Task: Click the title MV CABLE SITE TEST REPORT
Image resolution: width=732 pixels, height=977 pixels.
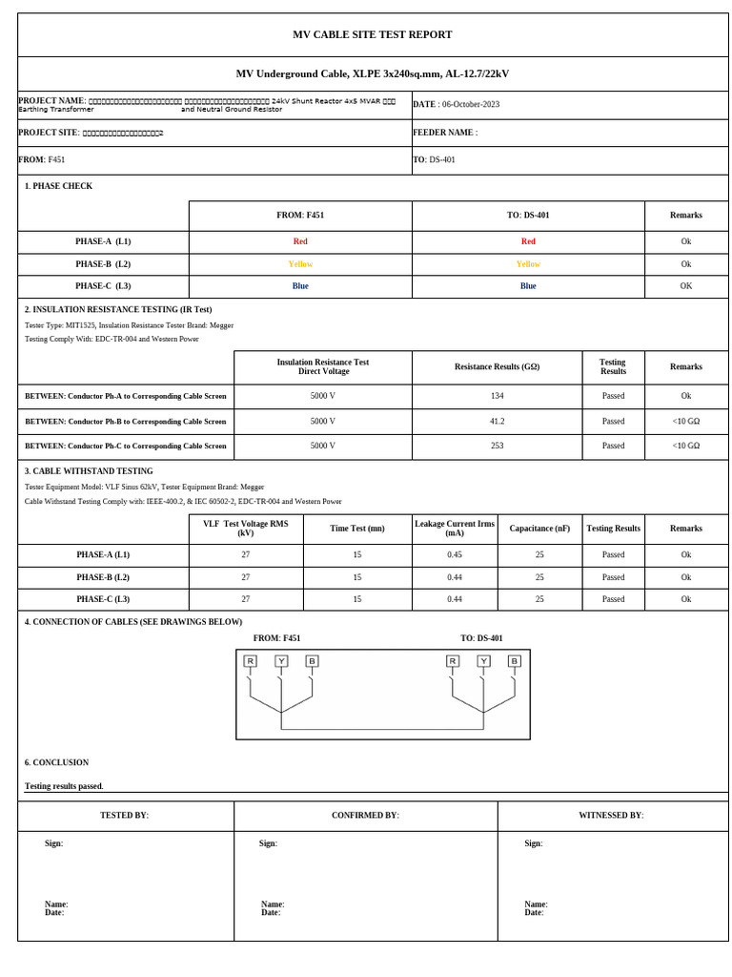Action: tap(372, 35)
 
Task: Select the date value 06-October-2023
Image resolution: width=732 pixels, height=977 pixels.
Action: tap(470, 104)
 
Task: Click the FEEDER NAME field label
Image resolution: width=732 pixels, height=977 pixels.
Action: tap(444, 134)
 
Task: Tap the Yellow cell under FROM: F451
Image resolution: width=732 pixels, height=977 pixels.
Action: tap(300, 264)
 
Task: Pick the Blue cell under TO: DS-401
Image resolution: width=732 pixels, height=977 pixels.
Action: tap(528, 286)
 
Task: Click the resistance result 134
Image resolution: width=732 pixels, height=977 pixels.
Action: tap(497, 396)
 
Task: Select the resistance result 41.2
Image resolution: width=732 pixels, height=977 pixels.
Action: tap(497, 421)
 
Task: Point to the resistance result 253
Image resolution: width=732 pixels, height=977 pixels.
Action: tap(497, 446)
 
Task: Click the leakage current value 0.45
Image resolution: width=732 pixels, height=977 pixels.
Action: tap(455, 554)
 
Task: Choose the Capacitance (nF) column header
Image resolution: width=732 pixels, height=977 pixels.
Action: tap(539, 529)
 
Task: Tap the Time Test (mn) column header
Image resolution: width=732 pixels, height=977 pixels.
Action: tap(357, 529)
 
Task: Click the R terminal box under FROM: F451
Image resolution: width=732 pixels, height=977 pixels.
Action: tap(250, 661)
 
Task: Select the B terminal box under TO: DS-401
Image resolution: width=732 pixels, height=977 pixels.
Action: tap(514, 661)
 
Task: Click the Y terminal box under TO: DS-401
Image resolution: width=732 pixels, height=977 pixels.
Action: tap(483, 661)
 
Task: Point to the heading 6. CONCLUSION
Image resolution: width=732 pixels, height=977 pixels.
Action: tap(56, 763)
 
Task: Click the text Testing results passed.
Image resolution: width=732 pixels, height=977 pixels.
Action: tap(64, 786)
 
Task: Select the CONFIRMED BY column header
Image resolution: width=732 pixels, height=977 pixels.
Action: tap(365, 816)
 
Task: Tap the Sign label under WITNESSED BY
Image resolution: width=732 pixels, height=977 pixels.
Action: tap(533, 843)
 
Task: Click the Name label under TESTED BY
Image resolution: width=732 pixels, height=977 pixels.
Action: tap(55, 904)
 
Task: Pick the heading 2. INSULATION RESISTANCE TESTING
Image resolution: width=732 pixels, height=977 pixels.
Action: tap(118, 310)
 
